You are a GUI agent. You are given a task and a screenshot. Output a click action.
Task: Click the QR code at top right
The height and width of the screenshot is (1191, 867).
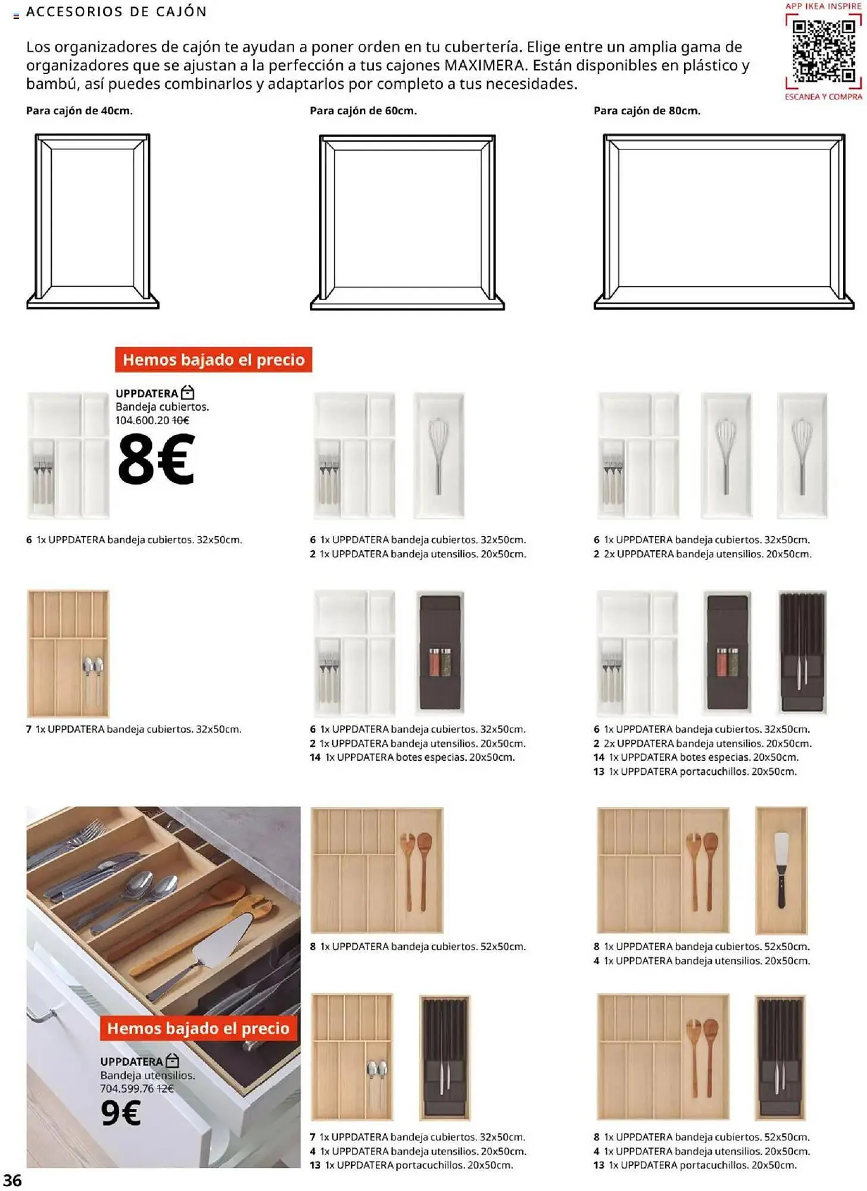pos(824,51)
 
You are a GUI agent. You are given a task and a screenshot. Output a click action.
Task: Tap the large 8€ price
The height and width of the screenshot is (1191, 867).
pos(156,459)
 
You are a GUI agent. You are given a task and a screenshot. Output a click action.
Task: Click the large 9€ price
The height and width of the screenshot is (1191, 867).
pos(121,1112)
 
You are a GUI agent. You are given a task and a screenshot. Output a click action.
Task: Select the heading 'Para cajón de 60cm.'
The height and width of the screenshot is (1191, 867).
pos(363,111)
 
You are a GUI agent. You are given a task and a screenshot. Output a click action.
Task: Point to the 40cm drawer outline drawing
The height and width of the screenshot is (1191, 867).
pos(92,221)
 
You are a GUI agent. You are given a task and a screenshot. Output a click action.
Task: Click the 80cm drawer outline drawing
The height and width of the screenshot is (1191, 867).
pos(723,221)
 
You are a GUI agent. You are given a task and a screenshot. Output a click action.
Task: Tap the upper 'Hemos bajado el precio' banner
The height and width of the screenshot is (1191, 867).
pos(213,360)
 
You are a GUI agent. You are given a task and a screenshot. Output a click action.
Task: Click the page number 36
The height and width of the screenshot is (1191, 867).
pos(13,1180)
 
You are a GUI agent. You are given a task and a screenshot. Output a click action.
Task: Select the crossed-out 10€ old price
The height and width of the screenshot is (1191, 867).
pos(180,420)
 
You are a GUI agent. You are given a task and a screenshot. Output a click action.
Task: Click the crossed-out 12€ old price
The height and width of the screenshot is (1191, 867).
pos(165,1089)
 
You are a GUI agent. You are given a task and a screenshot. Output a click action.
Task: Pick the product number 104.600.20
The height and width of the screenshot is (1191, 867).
pos(142,420)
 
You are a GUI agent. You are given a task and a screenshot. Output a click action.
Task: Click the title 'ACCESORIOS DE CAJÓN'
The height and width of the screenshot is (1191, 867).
pos(117,12)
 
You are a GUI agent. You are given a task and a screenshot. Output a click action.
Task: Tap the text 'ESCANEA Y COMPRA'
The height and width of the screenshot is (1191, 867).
pos(823,96)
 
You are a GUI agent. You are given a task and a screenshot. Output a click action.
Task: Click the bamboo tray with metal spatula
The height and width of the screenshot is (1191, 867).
pos(781,870)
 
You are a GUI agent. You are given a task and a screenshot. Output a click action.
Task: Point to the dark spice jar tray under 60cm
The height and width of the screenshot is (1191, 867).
pos(440,653)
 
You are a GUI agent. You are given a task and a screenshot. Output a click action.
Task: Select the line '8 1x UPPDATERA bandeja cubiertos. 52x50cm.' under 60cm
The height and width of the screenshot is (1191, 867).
pos(417,946)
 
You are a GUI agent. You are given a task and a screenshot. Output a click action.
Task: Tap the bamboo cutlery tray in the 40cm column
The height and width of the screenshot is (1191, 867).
pos(68,653)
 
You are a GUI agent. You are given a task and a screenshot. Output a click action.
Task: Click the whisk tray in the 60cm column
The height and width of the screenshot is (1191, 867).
pos(438,456)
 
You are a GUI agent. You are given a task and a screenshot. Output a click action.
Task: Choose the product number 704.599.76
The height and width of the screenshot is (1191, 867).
pos(127,1089)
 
